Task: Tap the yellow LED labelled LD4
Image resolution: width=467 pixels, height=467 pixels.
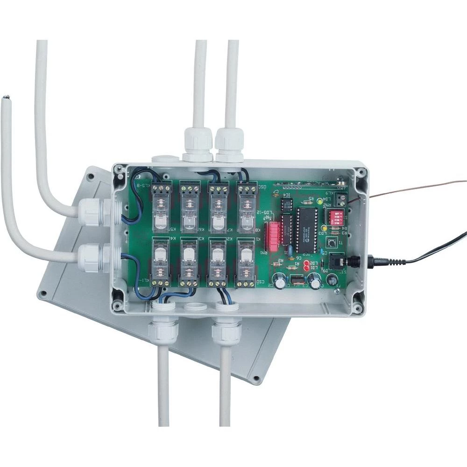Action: coord(319,202)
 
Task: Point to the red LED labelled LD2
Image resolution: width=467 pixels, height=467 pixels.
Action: coord(306,264)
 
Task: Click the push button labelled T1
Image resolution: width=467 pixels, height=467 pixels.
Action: coord(332,243)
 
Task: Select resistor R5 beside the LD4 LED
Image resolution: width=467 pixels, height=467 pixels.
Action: coord(308,199)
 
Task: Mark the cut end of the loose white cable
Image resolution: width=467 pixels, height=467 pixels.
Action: coord(7,98)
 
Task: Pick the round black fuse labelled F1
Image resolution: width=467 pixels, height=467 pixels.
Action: coord(332,280)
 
